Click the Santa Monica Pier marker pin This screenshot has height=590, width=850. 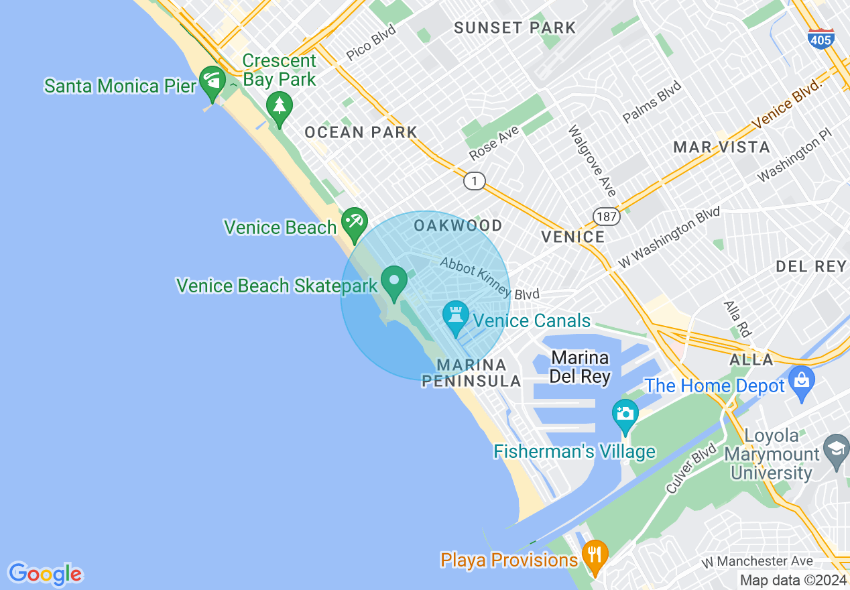tap(213, 80)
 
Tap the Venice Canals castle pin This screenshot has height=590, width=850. tap(456, 315)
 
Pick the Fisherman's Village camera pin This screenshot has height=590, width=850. tap(625, 414)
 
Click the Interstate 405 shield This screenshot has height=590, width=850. tap(821, 38)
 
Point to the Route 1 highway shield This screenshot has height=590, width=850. tap(474, 181)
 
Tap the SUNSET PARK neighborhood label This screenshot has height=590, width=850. tap(515, 27)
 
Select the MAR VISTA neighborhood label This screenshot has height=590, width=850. tap(721, 147)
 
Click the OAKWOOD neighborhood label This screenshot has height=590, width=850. tap(458, 225)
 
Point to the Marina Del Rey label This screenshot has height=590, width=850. tap(580, 367)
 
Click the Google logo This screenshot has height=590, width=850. tap(45, 574)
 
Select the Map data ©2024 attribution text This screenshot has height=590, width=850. tap(792, 580)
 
